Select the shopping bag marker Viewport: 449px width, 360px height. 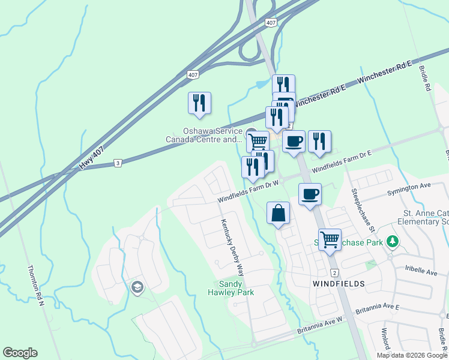279,214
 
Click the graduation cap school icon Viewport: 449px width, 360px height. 137,287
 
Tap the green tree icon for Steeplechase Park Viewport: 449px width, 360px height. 393,241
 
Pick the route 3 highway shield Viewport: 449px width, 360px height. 118,163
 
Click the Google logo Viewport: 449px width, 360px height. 20,353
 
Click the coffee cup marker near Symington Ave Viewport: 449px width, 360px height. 310,194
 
